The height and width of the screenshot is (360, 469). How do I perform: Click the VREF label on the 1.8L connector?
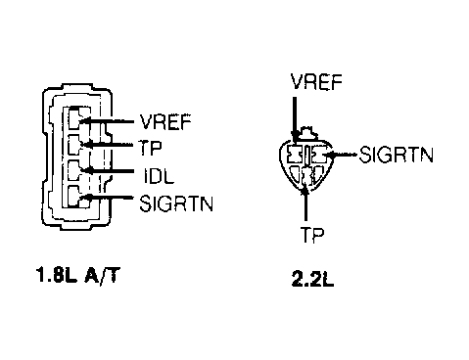coord(165,122)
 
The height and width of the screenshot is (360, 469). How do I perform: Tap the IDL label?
coord(159,176)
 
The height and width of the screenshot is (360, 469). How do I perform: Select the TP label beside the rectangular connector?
coord(150,149)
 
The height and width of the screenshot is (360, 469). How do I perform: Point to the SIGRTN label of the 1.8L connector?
coord(176,203)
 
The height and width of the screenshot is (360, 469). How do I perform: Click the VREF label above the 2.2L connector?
coord(316,81)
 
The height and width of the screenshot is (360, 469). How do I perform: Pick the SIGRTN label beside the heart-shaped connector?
coord(397,155)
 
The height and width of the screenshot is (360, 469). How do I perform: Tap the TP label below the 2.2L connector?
coord(312,234)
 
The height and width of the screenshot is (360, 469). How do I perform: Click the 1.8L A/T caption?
coord(77,275)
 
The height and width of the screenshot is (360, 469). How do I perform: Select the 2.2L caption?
coord(312,280)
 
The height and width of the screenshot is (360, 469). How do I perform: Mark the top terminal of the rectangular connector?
coord(78,118)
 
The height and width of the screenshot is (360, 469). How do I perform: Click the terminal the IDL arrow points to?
coord(78,170)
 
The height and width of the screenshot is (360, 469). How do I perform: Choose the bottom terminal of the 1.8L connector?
coord(78,197)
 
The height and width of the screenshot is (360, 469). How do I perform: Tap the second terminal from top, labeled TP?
coord(78,144)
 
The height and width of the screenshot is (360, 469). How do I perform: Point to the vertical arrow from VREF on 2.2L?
coord(295,119)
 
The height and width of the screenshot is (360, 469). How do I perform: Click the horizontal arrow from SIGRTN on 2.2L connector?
coord(342,155)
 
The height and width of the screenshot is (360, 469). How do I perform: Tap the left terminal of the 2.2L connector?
coord(296,155)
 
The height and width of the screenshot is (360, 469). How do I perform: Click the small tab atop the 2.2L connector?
coord(307,133)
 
